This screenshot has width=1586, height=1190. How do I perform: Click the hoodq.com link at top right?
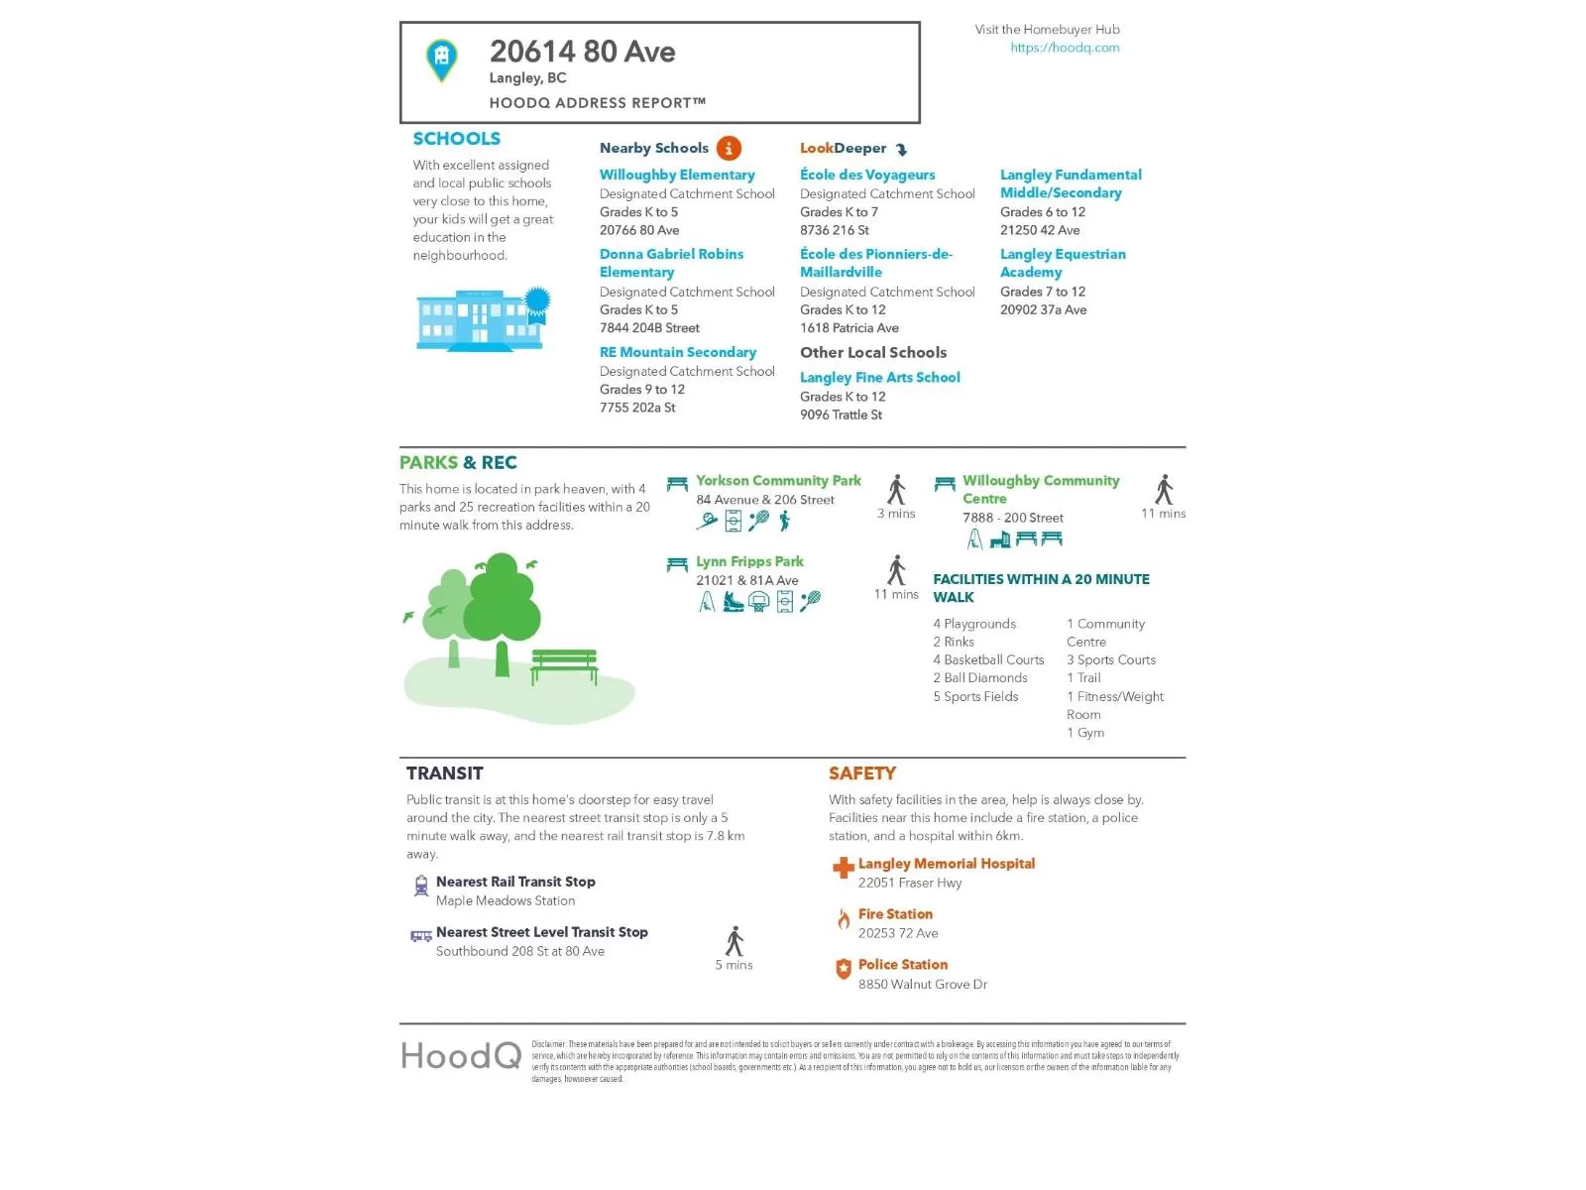point(1065,48)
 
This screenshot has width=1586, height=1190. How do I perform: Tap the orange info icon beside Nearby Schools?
point(729,149)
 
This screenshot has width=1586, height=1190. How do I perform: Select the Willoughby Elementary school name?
point(677,175)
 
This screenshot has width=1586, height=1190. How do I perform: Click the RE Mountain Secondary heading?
point(678,352)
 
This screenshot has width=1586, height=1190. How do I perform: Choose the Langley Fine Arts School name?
point(880,377)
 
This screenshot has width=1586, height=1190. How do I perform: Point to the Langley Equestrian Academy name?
point(1063,263)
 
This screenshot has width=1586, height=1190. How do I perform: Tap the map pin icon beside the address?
point(441,59)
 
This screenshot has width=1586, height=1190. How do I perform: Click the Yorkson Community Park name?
point(778,481)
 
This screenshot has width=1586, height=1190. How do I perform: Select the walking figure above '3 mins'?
point(897,489)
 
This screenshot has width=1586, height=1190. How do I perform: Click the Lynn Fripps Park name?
point(749,561)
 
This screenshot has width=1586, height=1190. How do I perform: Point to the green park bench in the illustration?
point(564,665)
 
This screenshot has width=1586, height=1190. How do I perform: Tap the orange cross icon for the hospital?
point(843,869)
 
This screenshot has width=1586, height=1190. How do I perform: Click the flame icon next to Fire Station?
point(844,920)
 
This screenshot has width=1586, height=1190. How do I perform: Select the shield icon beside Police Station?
point(844,970)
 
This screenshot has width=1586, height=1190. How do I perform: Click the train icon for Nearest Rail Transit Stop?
point(421,886)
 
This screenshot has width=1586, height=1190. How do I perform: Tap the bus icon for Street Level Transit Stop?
point(421,935)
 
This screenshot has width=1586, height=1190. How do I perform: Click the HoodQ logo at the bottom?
point(461,1056)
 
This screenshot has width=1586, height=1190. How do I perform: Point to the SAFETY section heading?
point(862,773)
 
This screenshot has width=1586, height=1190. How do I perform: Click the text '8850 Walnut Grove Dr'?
point(923,984)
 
